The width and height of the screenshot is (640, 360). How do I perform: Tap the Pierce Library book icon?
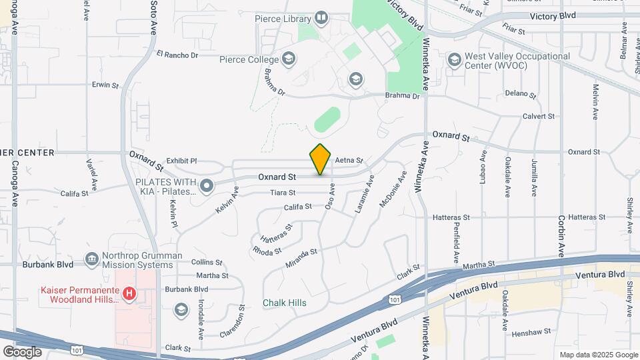(321, 18)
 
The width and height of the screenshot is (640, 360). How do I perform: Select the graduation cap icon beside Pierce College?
(288, 59)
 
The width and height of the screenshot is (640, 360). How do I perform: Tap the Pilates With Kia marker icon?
(207, 186)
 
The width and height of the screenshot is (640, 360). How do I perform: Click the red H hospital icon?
(130, 293)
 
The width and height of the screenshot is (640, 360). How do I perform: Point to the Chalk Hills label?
(285, 303)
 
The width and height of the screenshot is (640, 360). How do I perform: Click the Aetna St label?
(349, 161)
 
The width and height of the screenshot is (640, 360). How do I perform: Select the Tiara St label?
(283, 193)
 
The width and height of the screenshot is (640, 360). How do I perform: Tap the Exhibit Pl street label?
(182, 161)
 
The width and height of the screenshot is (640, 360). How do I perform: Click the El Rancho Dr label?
(177, 55)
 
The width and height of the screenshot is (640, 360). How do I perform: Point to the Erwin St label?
(105, 85)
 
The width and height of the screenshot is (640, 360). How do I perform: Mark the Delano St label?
(517, 93)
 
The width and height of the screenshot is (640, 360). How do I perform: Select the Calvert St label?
(539, 116)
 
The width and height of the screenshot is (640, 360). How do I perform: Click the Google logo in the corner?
(22, 352)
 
